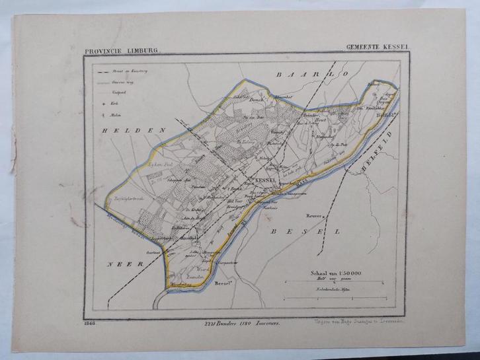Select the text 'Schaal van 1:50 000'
(333, 271)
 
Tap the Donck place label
(257, 99)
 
